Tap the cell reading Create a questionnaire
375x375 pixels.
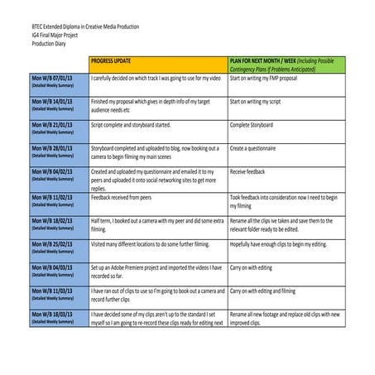pos(260,148)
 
